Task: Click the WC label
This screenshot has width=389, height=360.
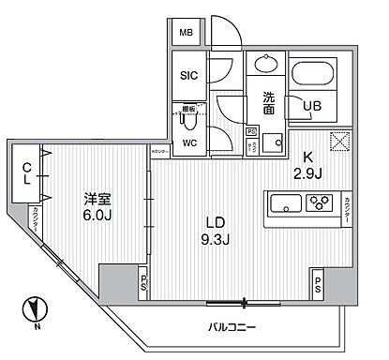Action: point(187,143)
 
